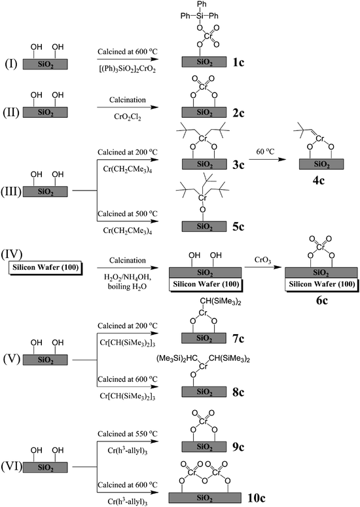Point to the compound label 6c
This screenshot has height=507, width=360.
point(312,306)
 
